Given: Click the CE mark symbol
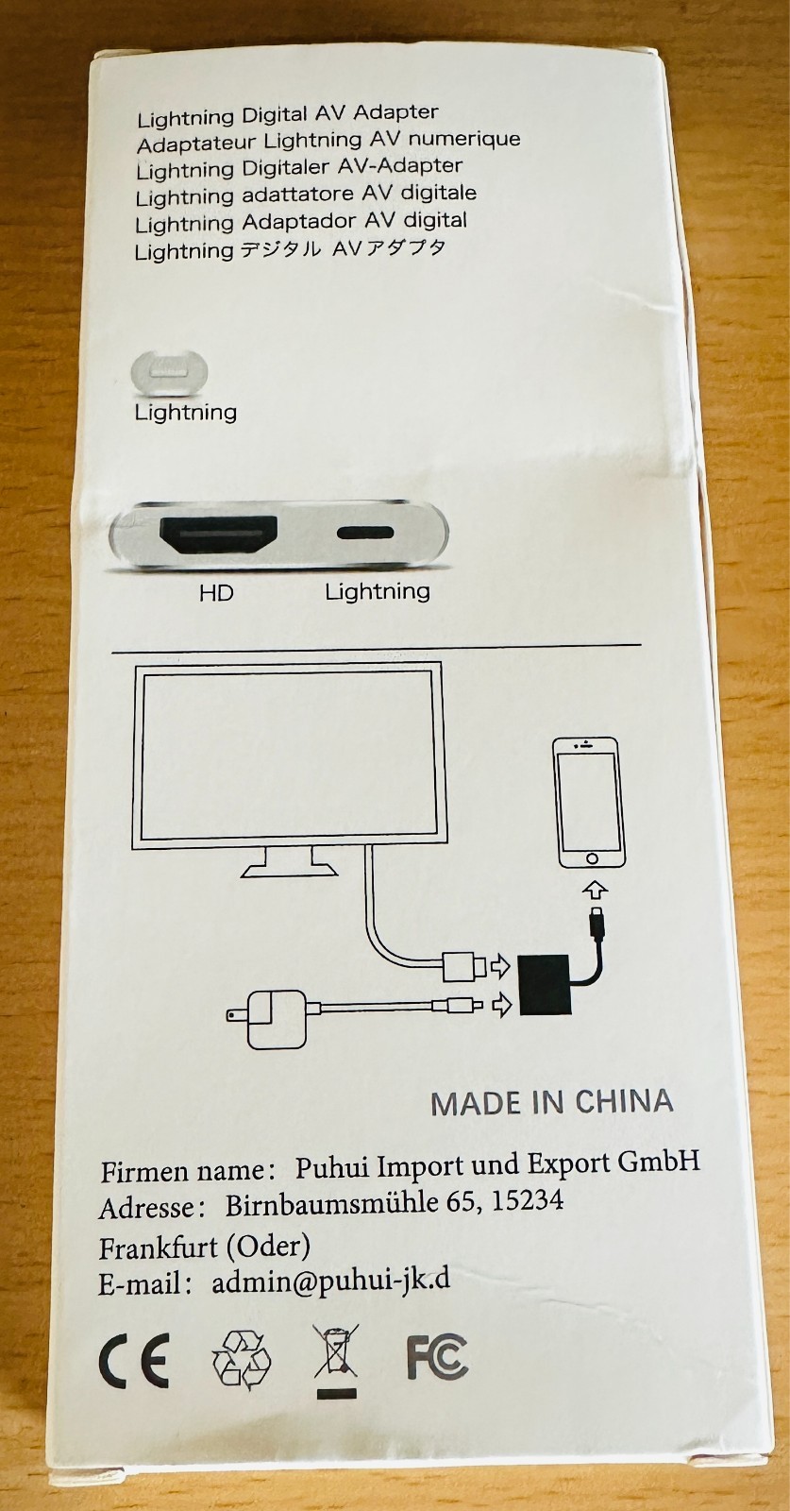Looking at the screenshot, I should point(133,1361).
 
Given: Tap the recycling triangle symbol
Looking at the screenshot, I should point(241,1360).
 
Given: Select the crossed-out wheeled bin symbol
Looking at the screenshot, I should point(336,1358).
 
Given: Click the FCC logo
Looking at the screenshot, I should point(437,1358).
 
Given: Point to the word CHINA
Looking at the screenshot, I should point(624,1101).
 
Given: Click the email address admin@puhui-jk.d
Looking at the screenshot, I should point(330,1282).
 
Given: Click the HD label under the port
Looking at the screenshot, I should point(216,593).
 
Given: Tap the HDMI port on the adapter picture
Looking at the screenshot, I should point(219,535).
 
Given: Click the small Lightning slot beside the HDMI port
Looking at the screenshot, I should point(365,532).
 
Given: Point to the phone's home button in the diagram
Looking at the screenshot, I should point(592,858).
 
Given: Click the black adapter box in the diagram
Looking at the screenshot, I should point(545,984).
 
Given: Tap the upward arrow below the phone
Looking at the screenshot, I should point(595,889).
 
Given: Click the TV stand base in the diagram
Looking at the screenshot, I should point(289,868).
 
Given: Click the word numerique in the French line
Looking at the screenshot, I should point(463,139).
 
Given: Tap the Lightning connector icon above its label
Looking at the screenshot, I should point(169,372).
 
